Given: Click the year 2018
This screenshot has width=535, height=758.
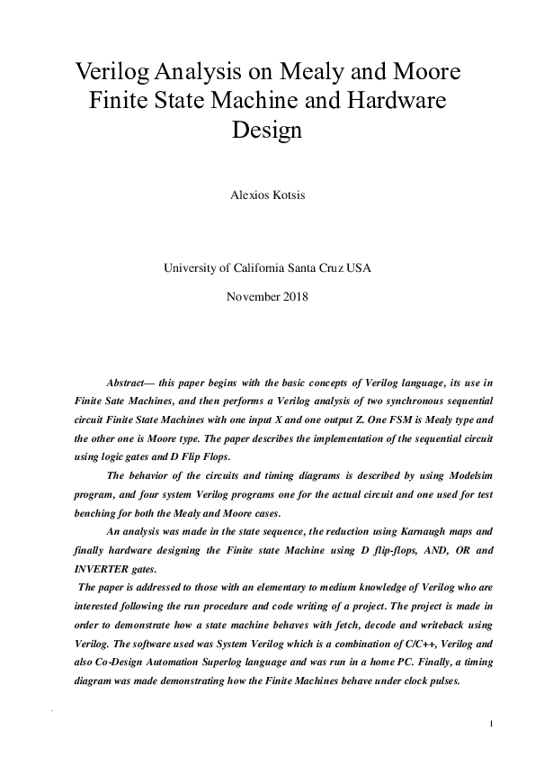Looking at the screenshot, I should pos(296,296).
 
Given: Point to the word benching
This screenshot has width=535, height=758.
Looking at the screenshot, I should pos(96,512).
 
